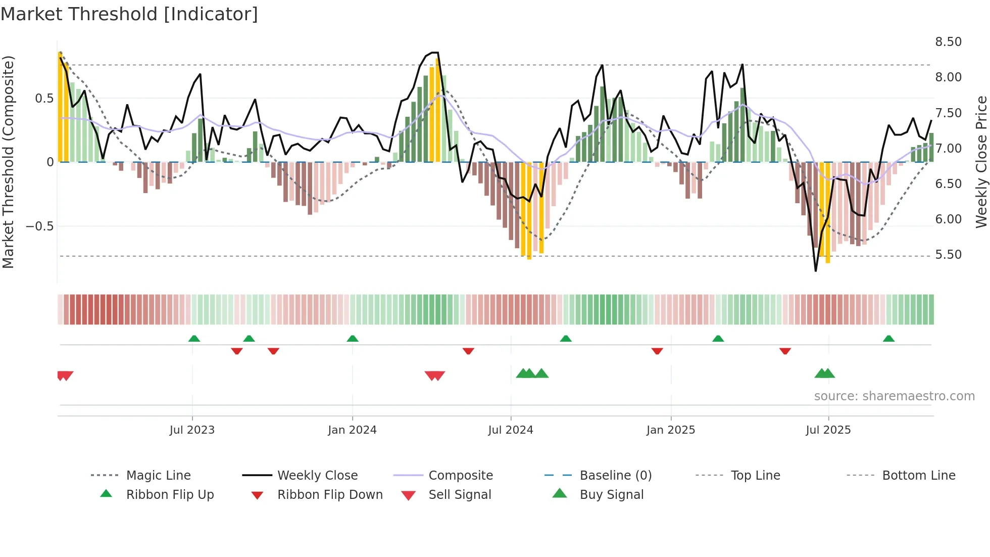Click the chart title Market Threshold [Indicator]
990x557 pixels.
129,14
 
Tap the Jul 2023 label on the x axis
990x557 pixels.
192,430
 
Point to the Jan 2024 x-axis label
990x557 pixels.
352,430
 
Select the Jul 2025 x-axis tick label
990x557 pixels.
828,430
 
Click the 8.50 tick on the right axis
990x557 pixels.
948,42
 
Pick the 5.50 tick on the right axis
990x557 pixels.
948,255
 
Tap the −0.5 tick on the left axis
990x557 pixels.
40,226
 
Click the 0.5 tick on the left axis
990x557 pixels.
44,99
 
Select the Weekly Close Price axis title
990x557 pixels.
981,162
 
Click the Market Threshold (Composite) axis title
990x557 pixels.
8,162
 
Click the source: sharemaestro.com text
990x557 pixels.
894,396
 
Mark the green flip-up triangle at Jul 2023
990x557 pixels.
194,339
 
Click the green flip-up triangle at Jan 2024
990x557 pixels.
353,339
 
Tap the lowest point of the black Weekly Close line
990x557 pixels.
815,271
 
